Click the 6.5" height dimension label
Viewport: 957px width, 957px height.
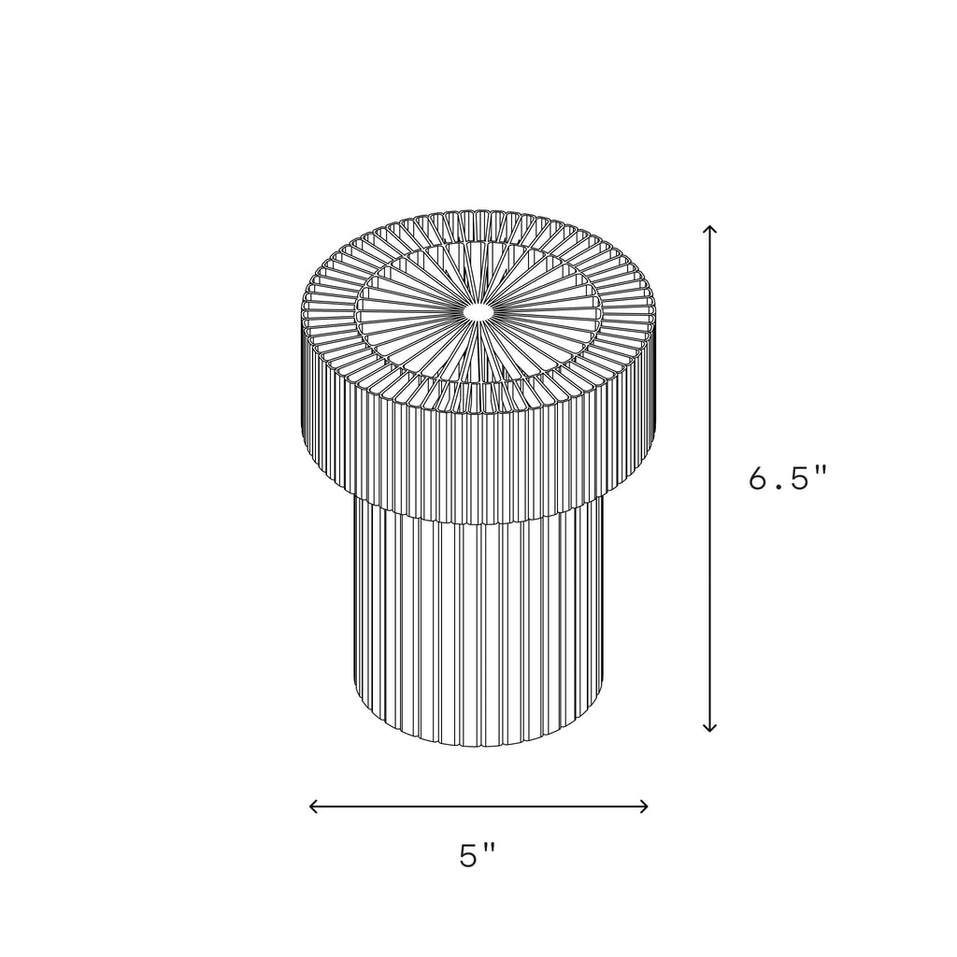pyautogui.click(x=787, y=478)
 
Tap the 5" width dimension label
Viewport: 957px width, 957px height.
pyautogui.click(x=478, y=855)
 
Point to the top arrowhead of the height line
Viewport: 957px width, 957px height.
pyautogui.click(x=709, y=230)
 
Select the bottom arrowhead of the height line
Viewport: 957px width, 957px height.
pyautogui.click(x=709, y=727)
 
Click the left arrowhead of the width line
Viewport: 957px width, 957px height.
pyautogui.click(x=314, y=807)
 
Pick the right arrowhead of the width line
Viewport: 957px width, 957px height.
pyautogui.click(x=643, y=807)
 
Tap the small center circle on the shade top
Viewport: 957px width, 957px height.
pyautogui.click(x=478, y=312)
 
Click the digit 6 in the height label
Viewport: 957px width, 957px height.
pyautogui.click(x=759, y=478)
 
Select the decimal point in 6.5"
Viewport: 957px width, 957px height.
pyautogui.click(x=778, y=487)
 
